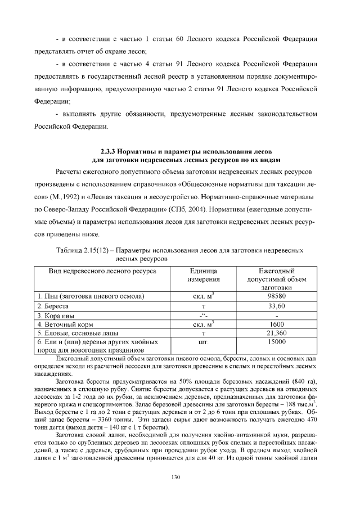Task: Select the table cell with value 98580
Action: click(x=274, y=296)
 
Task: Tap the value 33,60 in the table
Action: click(x=274, y=306)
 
